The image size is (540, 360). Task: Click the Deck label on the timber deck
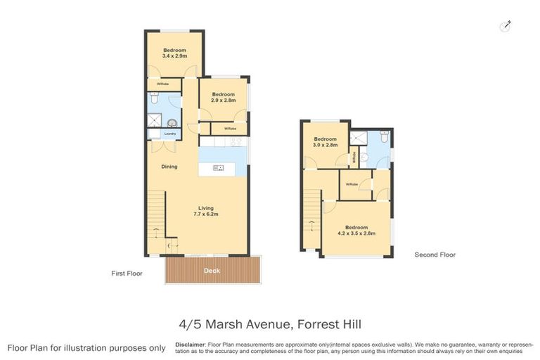tap(212, 271)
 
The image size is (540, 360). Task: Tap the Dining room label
tap(169, 167)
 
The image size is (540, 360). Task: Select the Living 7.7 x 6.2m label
tap(205, 211)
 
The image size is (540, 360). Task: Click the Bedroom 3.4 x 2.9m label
tap(174, 53)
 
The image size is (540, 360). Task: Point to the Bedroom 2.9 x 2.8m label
tap(224, 97)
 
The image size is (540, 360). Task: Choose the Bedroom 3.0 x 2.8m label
tap(326, 142)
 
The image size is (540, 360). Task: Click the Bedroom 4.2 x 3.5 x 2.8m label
tap(356, 230)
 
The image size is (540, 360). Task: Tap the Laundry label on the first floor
tap(169, 134)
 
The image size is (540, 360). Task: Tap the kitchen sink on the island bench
tap(218, 167)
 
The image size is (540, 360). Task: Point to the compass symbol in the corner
tap(505, 26)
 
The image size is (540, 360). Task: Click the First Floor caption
tap(127, 273)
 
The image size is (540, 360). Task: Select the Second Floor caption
tap(435, 255)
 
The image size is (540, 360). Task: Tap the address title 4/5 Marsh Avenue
tap(269, 325)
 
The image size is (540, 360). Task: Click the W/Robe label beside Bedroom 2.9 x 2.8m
tap(230, 129)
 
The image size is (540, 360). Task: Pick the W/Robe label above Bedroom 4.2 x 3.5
tap(352, 184)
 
